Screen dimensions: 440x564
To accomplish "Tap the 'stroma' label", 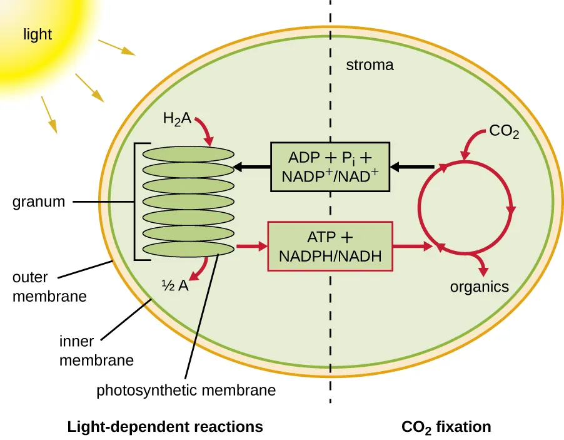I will coord(370,64).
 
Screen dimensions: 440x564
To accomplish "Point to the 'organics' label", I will coord(480,287).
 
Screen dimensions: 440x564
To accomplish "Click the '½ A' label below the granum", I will coord(175,286).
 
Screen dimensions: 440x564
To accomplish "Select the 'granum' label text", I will coord(38,202).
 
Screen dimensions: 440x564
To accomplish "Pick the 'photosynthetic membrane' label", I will coord(186,391).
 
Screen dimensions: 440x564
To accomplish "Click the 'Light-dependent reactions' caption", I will coord(165,427).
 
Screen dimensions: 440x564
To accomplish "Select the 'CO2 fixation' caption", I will coord(446,427).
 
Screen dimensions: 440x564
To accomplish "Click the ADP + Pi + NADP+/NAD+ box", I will coord(330,166).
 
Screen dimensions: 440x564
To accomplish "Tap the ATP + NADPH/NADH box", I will coord(330,246).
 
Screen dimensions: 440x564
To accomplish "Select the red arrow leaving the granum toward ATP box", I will coord(251,247).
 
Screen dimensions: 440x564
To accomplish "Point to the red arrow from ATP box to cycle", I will coord(412,247).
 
